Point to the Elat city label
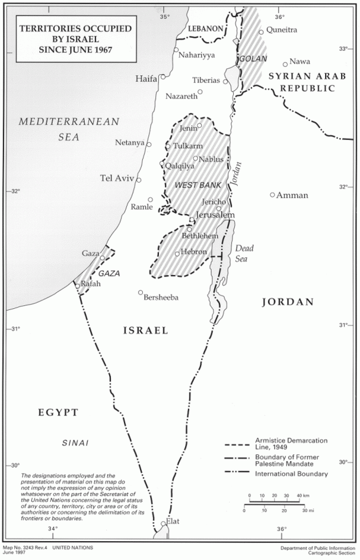pyautogui.click(x=173, y=521)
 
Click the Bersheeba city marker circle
pyautogui.click(x=141, y=292)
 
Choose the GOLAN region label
pyautogui.click(x=253, y=59)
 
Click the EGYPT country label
pyautogui.click(x=58, y=412)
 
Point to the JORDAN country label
pyautogui.click(x=287, y=302)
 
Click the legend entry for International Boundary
pyautogui.click(x=291, y=474)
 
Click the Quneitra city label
pyautogui.click(x=282, y=30)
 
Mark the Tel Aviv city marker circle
pyautogui.click(x=138, y=180)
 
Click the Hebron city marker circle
pyautogui.click(x=177, y=253)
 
